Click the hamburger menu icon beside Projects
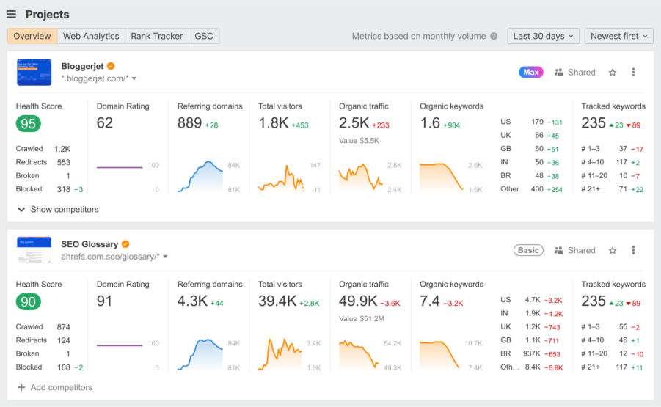12,15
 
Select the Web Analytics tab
91,36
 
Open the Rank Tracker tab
156,36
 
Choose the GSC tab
204,36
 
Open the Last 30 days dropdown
543,36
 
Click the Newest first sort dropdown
620,36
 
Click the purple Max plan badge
531,72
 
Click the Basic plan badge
528,250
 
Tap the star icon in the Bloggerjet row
613,72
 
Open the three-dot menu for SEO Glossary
634,250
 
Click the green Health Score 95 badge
29,124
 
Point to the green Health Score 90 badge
29,301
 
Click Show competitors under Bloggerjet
58,210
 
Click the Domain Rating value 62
105,123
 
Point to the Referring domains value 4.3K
192,301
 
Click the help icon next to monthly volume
494,36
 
